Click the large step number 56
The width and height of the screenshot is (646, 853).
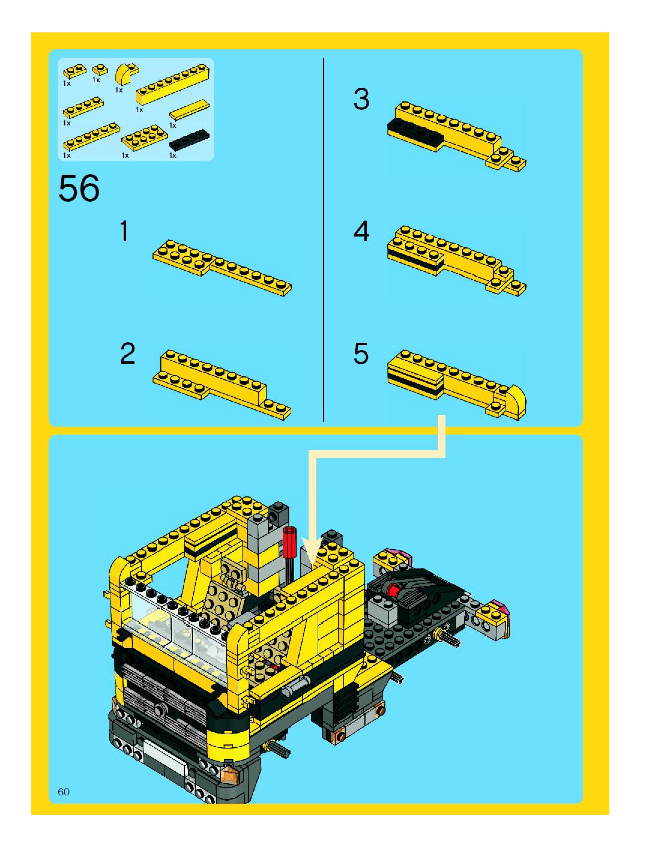[79, 188]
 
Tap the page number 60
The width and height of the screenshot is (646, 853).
[64, 792]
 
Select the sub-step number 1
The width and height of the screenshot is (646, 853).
[124, 231]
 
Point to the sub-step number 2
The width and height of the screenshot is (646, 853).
[128, 354]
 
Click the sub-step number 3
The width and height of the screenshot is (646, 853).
[361, 99]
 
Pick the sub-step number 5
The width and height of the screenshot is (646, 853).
[361, 354]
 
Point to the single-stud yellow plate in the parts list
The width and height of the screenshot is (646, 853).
[100, 70]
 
